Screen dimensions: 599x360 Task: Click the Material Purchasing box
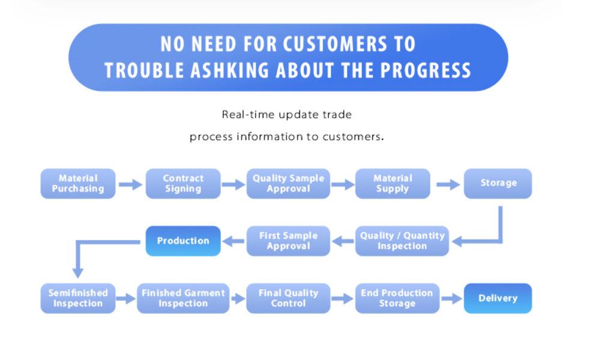click(x=78, y=184)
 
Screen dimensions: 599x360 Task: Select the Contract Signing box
click(x=183, y=184)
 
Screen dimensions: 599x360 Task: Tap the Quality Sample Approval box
click(x=288, y=184)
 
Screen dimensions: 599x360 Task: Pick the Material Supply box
click(x=393, y=184)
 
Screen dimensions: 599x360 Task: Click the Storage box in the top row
click(x=498, y=184)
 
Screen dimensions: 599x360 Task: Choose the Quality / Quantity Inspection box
click(x=402, y=241)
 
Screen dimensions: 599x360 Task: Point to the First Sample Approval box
click(x=288, y=241)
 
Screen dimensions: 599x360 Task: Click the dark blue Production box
click(x=183, y=241)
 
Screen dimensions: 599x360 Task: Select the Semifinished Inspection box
click(x=78, y=298)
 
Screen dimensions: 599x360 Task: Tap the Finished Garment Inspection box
click(x=183, y=298)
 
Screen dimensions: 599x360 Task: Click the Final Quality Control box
click(x=288, y=298)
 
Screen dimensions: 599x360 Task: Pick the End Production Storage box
click(x=397, y=298)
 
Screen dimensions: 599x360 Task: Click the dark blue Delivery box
click(x=498, y=298)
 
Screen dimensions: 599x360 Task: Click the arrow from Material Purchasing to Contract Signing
click(x=130, y=185)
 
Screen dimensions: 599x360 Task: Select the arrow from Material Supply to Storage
click(x=448, y=185)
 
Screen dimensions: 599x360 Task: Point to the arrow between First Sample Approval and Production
click(x=233, y=241)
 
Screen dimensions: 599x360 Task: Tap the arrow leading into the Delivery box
click(x=451, y=299)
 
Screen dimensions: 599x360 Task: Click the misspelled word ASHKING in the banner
click(x=229, y=71)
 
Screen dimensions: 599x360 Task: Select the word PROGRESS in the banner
click(x=426, y=71)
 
